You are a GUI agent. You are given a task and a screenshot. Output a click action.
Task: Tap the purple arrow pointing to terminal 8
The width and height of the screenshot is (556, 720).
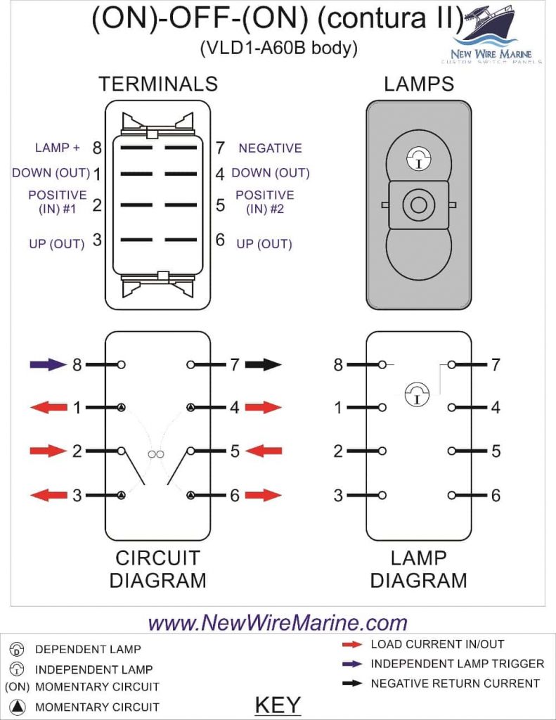(48, 365)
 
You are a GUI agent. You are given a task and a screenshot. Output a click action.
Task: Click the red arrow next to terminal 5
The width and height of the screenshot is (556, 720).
(264, 451)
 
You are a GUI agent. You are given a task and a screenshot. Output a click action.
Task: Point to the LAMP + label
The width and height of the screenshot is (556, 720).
(58, 148)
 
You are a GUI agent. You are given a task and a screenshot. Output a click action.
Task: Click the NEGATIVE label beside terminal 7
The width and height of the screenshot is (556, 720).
(270, 148)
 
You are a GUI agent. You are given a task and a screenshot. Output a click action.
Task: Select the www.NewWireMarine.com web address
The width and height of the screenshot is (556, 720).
(278, 622)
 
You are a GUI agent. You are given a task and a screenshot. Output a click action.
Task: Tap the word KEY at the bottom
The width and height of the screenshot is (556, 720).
(278, 705)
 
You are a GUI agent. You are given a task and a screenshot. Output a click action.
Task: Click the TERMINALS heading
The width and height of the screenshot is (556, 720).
(158, 84)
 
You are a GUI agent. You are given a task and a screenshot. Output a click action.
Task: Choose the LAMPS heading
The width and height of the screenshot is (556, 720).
(419, 84)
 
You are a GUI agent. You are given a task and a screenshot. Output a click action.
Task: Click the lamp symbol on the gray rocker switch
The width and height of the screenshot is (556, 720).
(418, 160)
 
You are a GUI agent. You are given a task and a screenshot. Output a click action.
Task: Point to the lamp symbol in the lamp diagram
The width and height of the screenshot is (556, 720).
(417, 394)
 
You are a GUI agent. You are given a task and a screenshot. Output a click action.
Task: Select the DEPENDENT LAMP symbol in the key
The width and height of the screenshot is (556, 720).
(19, 649)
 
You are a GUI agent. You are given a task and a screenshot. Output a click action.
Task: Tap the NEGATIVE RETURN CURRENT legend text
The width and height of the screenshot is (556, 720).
(455, 683)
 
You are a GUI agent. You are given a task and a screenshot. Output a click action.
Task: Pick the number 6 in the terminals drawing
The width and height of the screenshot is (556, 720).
(220, 240)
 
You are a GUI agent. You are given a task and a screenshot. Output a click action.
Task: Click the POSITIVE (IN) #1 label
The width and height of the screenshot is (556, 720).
(58, 201)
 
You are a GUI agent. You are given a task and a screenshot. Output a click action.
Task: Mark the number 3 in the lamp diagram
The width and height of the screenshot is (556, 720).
(339, 496)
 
